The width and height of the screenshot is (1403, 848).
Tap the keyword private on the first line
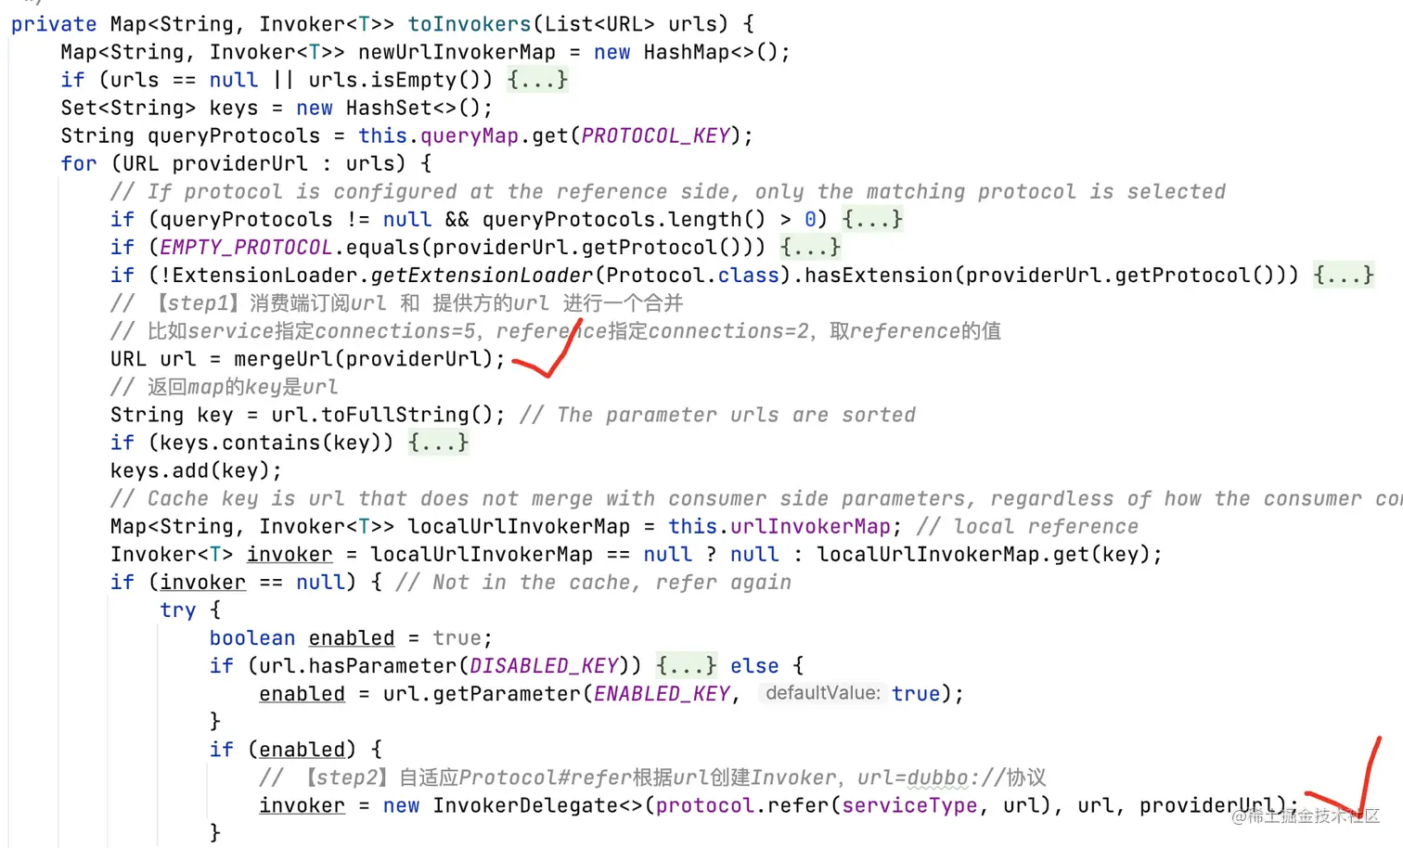coord(54,24)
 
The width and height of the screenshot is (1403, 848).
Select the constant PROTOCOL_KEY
coord(655,136)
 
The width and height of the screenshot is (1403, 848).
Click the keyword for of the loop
coord(79,164)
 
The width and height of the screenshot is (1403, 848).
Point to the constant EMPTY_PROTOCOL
coord(246,248)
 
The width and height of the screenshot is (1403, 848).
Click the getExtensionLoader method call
coord(482,276)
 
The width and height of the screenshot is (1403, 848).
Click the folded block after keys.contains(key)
coord(438,443)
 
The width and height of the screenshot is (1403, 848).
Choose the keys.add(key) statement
coord(196,470)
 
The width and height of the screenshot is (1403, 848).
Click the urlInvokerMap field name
coord(810,527)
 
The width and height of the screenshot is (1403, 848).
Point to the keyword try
coord(177,610)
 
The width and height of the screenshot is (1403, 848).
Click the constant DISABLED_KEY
coord(544,666)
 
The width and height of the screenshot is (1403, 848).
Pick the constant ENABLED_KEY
coord(662,694)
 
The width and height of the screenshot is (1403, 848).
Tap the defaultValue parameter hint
coord(822,694)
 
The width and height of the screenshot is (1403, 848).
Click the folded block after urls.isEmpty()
coord(537,81)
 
